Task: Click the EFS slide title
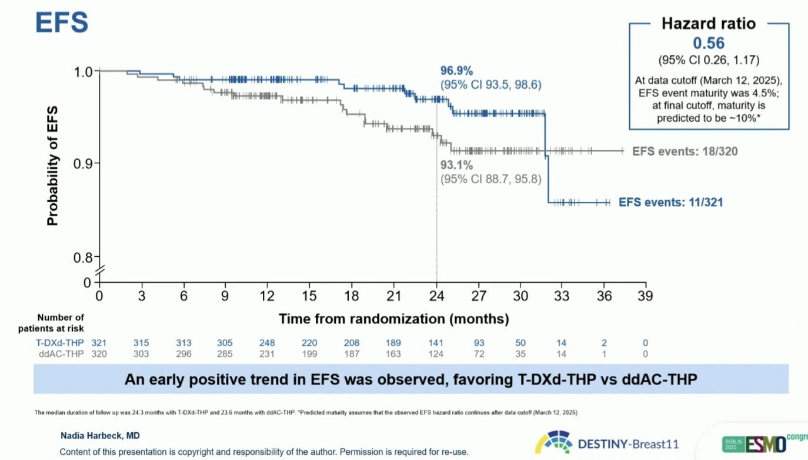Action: tap(62, 22)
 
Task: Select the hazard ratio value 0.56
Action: tap(708, 43)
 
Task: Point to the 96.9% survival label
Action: tap(458, 71)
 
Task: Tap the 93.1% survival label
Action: tap(457, 165)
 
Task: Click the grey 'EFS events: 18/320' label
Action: tap(685, 151)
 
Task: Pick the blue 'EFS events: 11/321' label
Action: tap(670, 202)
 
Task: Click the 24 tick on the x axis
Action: tap(436, 294)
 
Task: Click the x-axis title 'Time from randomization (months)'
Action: tap(393, 319)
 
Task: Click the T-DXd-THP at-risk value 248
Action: tap(267, 343)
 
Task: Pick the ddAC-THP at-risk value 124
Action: tap(436, 353)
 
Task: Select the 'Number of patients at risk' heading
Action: tap(61, 323)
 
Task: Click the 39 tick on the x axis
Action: tap(646, 294)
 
